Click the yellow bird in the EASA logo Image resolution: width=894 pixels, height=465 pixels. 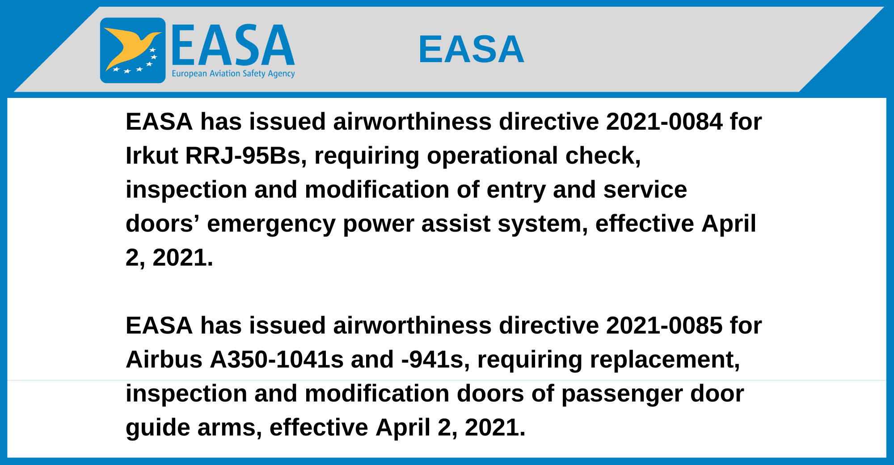coord(130,47)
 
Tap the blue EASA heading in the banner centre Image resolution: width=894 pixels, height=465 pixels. coord(471,49)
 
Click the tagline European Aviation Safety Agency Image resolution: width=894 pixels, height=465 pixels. coord(233,73)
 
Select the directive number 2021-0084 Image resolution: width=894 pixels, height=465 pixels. coord(664,122)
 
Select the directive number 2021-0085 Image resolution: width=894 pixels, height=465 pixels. coord(664,325)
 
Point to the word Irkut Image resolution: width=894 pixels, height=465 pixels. coord(152,156)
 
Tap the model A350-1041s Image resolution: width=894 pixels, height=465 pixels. coord(277,359)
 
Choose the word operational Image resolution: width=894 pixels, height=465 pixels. coord(492,156)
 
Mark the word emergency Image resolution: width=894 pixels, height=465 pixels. coord(271,224)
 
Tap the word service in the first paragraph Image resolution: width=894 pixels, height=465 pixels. coord(645,190)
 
